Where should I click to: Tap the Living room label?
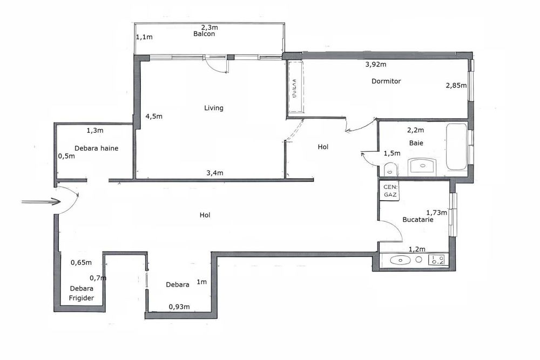coord(213,108)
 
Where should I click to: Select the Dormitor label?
coord(386,81)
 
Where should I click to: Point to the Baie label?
coord(416,144)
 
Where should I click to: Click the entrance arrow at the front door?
coord(40,202)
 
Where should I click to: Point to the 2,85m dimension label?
coord(456,85)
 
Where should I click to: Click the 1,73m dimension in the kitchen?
coord(437,213)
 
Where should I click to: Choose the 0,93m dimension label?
coord(179,307)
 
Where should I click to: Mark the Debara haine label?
coord(97,148)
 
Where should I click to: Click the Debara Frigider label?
coord(82,293)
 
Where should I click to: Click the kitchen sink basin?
coord(400,260)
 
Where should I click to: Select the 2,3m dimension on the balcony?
coord(209,28)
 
